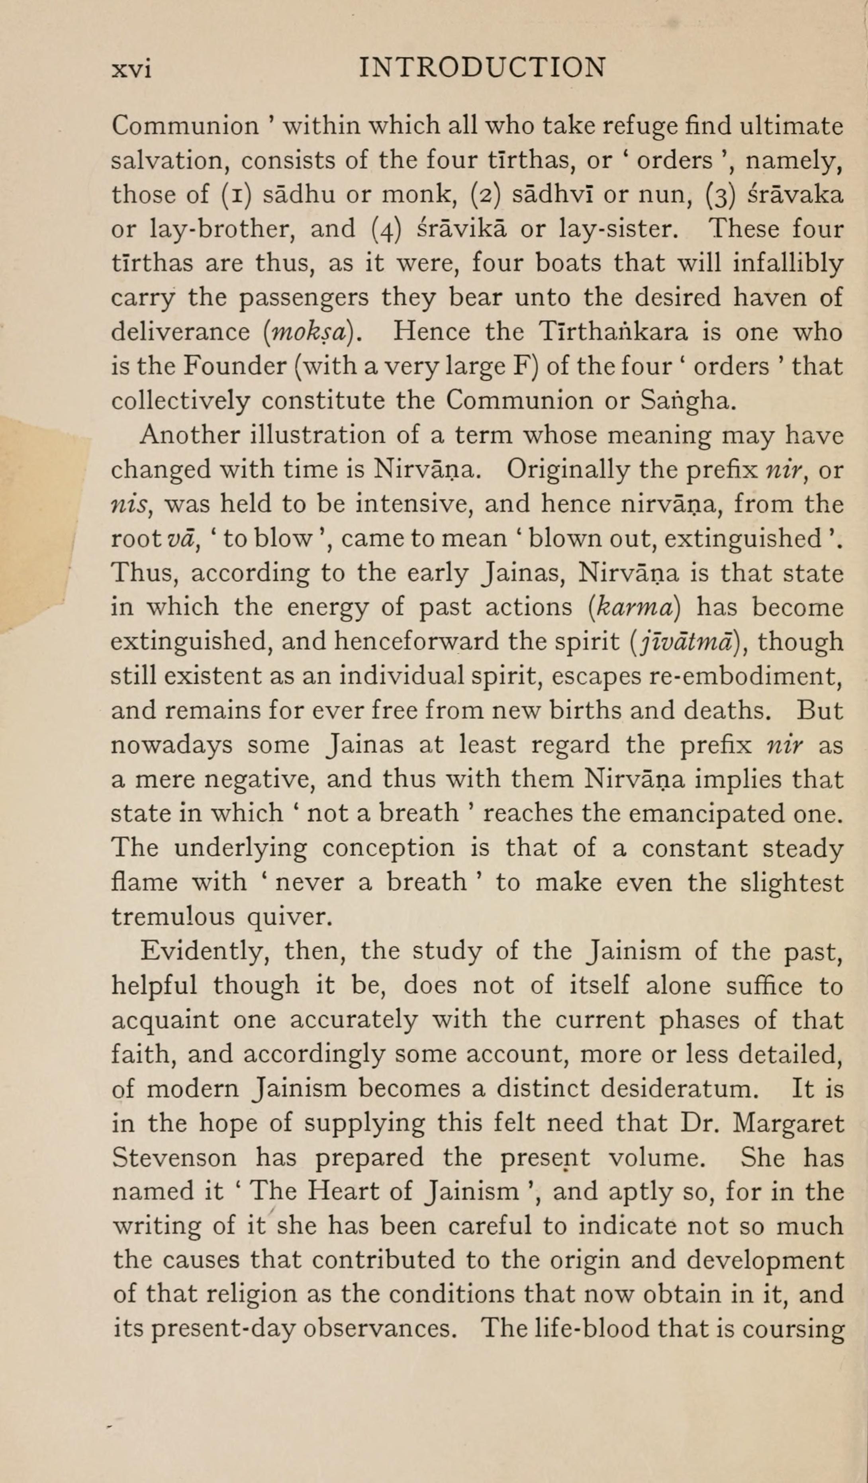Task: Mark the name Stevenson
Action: pos(174,1158)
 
